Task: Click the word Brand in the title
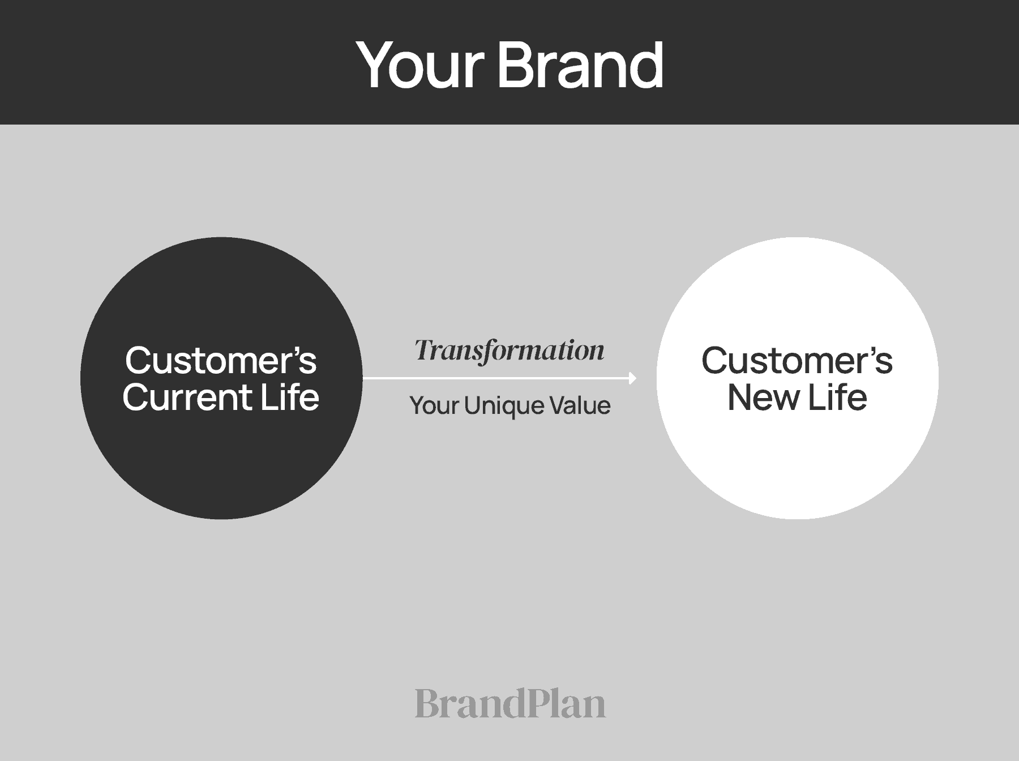tap(580, 65)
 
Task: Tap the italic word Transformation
tap(509, 350)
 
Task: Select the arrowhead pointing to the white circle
tap(633, 378)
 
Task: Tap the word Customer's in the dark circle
tap(221, 360)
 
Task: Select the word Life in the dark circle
tap(289, 397)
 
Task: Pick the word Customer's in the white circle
tap(797, 360)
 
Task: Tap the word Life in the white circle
tap(837, 397)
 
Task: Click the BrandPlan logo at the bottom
tap(509, 703)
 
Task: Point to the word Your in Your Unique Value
tap(434, 405)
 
